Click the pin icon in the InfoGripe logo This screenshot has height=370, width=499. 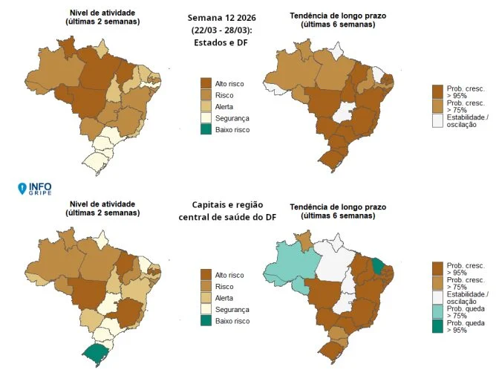point(23,189)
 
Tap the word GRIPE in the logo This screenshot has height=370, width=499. point(40,192)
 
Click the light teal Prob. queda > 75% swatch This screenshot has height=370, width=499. point(438,311)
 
